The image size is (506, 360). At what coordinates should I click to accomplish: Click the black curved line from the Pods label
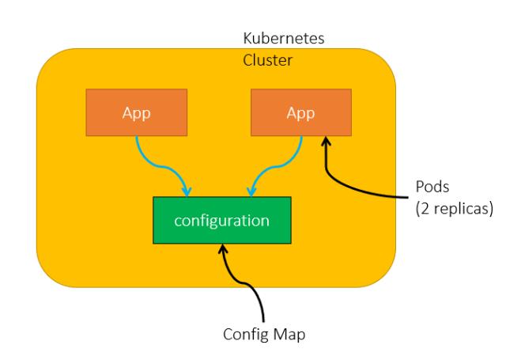click(356, 187)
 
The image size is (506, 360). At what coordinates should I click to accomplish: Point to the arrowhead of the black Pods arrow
click(324, 142)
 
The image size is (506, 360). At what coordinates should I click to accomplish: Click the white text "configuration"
click(222, 220)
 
